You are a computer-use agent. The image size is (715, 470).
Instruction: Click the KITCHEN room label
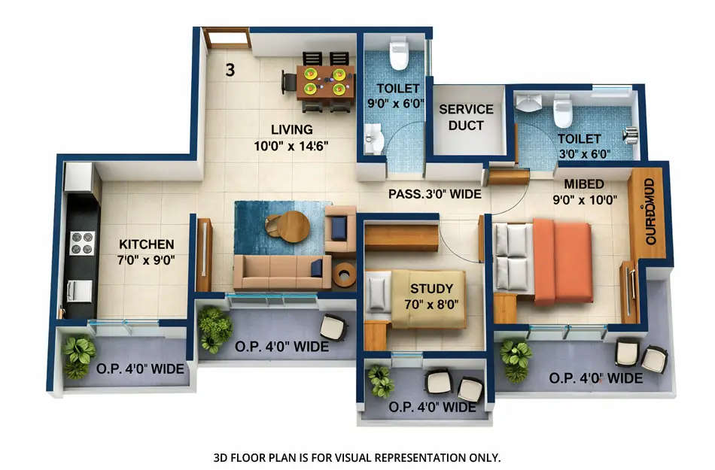147,244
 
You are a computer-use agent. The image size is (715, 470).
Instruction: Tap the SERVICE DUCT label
466,117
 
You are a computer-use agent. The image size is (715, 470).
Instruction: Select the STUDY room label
431,288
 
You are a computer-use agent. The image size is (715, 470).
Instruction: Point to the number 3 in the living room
230,71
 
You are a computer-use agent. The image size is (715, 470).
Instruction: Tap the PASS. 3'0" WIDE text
434,193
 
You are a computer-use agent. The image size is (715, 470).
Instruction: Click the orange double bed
561,259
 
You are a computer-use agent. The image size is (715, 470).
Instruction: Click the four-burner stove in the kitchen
82,243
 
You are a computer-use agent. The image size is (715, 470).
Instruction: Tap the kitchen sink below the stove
79,290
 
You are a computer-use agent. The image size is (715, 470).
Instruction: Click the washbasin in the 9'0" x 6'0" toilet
373,140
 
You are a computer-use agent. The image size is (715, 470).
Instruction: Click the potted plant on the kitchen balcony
78,356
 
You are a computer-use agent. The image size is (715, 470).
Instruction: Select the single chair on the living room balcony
333,327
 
